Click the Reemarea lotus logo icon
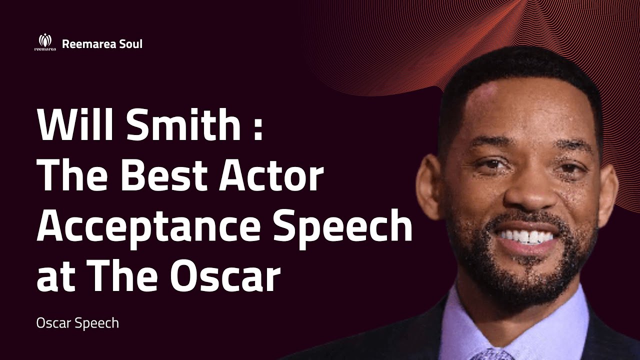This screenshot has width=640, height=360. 45,42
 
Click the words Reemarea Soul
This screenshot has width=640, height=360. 102,44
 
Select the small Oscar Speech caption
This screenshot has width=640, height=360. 77,323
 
